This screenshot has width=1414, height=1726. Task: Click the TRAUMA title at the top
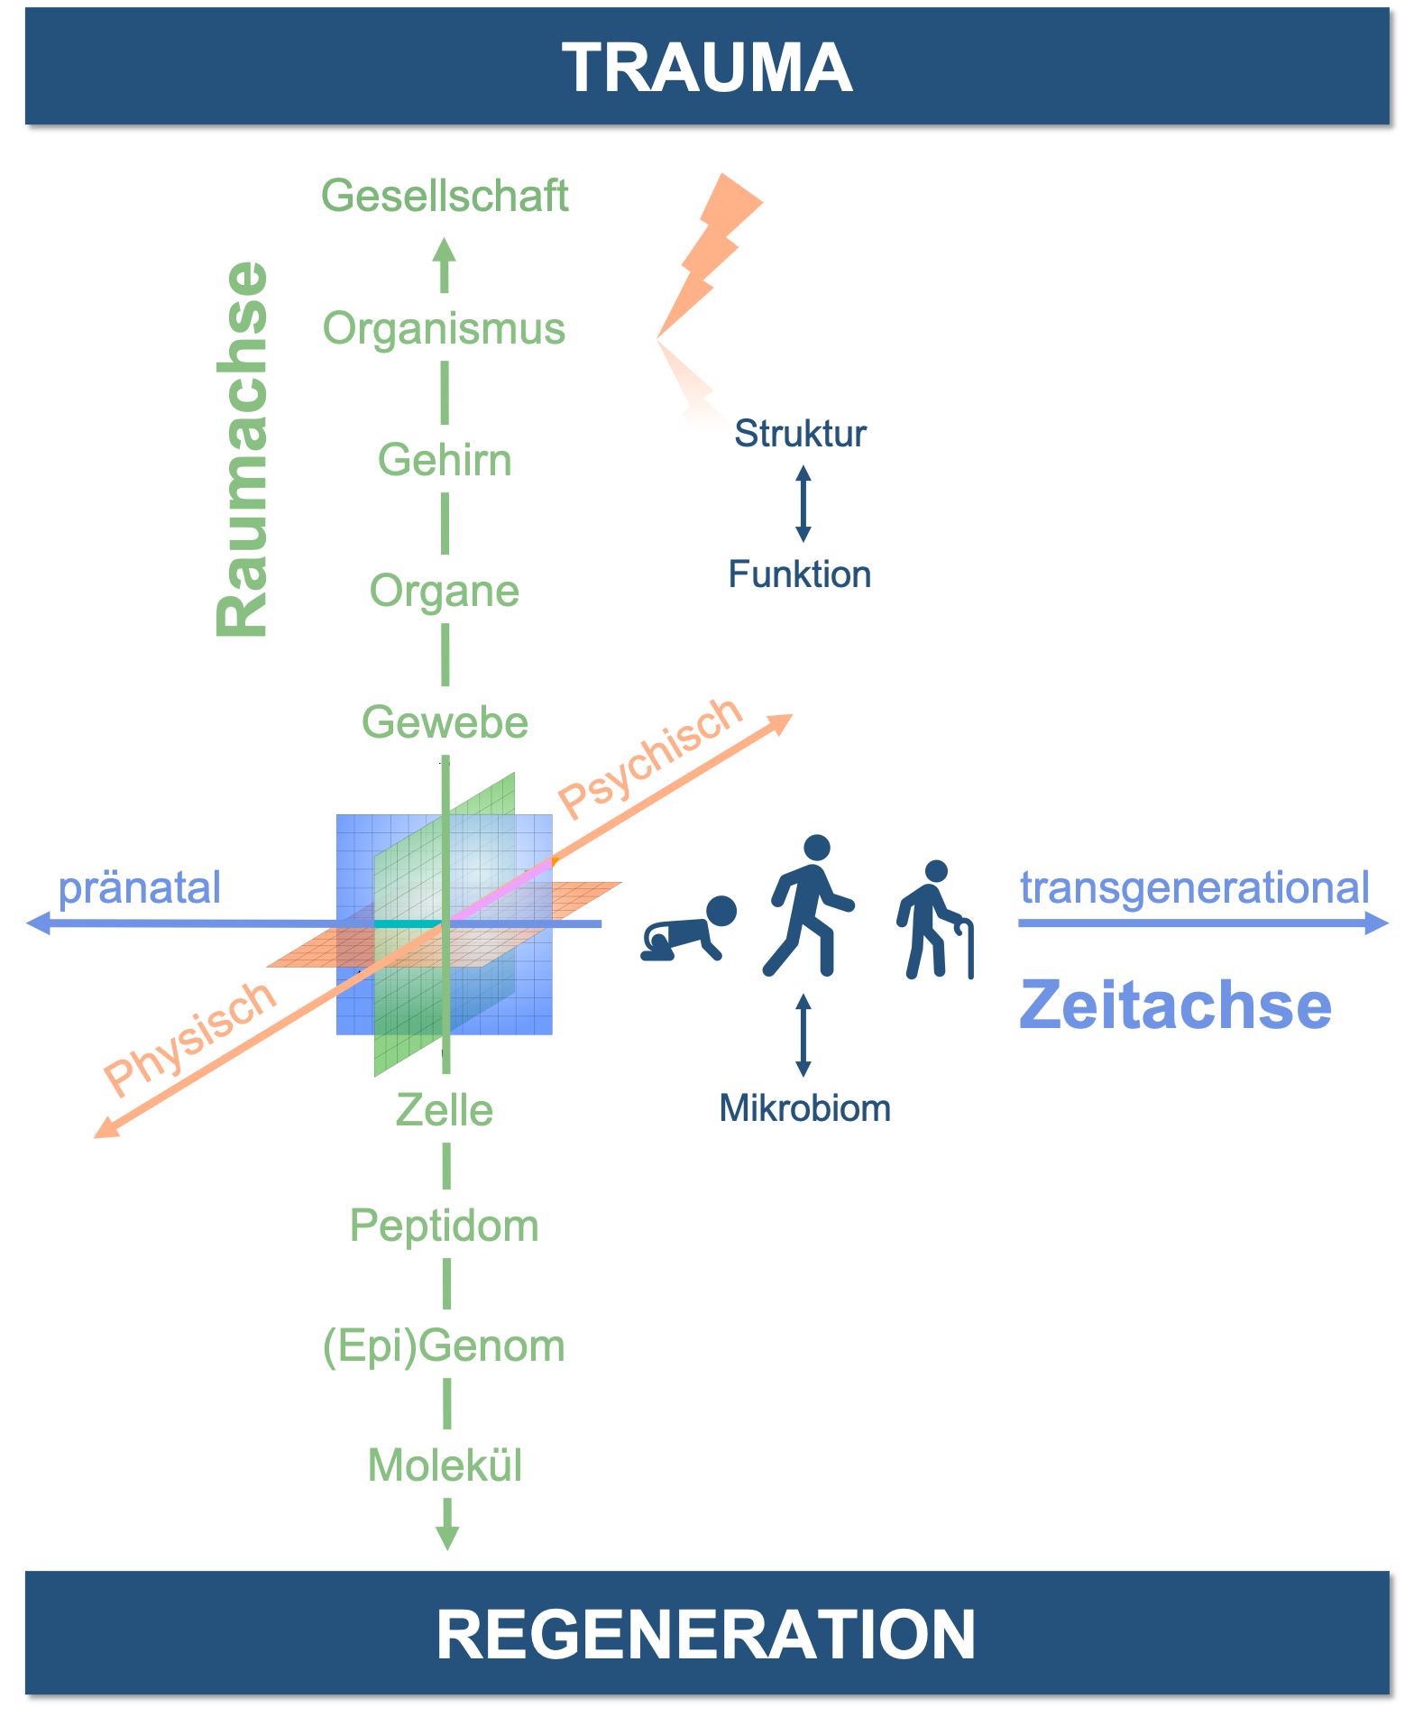click(x=707, y=68)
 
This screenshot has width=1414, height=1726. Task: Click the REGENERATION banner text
click(x=706, y=1633)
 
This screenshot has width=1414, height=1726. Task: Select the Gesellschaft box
click(x=445, y=196)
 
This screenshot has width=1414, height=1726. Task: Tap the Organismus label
click(x=445, y=327)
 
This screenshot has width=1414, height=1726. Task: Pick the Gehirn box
click(x=445, y=459)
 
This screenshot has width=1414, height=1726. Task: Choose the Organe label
click(x=445, y=591)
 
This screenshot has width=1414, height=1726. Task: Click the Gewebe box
click(x=445, y=721)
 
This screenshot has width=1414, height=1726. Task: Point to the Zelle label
click(x=445, y=1109)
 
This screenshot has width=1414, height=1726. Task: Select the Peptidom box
click(x=445, y=1225)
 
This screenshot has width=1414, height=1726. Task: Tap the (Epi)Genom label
click(x=445, y=1345)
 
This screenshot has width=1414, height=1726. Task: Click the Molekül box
click(x=445, y=1464)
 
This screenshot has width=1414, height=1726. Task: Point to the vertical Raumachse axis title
click(x=243, y=449)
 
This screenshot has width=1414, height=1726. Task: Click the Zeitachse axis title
click(x=1175, y=1005)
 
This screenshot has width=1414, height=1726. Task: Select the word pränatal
click(x=140, y=887)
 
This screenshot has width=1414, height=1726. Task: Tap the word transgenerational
click(x=1194, y=887)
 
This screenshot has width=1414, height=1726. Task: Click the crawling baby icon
click(x=689, y=931)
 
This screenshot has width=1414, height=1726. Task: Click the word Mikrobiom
click(x=804, y=1108)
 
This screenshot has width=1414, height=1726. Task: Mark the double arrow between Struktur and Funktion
click(x=803, y=503)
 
